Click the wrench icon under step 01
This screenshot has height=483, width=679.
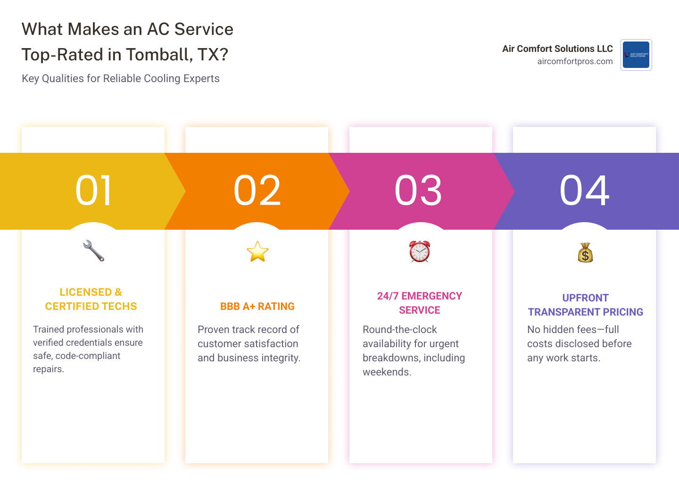(x=93, y=251)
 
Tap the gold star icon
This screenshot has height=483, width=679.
(x=257, y=251)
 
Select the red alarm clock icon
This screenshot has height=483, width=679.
(x=420, y=251)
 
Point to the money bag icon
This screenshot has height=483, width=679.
(x=585, y=252)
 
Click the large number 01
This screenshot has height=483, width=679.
(x=94, y=191)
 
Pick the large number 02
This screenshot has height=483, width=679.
(x=257, y=191)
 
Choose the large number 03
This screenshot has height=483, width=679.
(x=419, y=191)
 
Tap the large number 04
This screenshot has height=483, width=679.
(x=585, y=191)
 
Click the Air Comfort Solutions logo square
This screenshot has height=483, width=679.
(x=636, y=55)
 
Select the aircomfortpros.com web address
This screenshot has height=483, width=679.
(x=575, y=61)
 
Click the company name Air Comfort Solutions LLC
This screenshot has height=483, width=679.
(x=557, y=49)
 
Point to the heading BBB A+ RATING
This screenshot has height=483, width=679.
(x=257, y=307)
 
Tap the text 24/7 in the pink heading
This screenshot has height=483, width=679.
(x=388, y=296)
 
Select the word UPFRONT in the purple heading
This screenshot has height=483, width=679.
(x=585, y=298)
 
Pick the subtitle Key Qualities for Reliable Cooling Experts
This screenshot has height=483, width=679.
(x=121, y=78)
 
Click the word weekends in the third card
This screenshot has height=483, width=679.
(x=387, y=372)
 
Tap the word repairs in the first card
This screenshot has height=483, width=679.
(x=48, y=369)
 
